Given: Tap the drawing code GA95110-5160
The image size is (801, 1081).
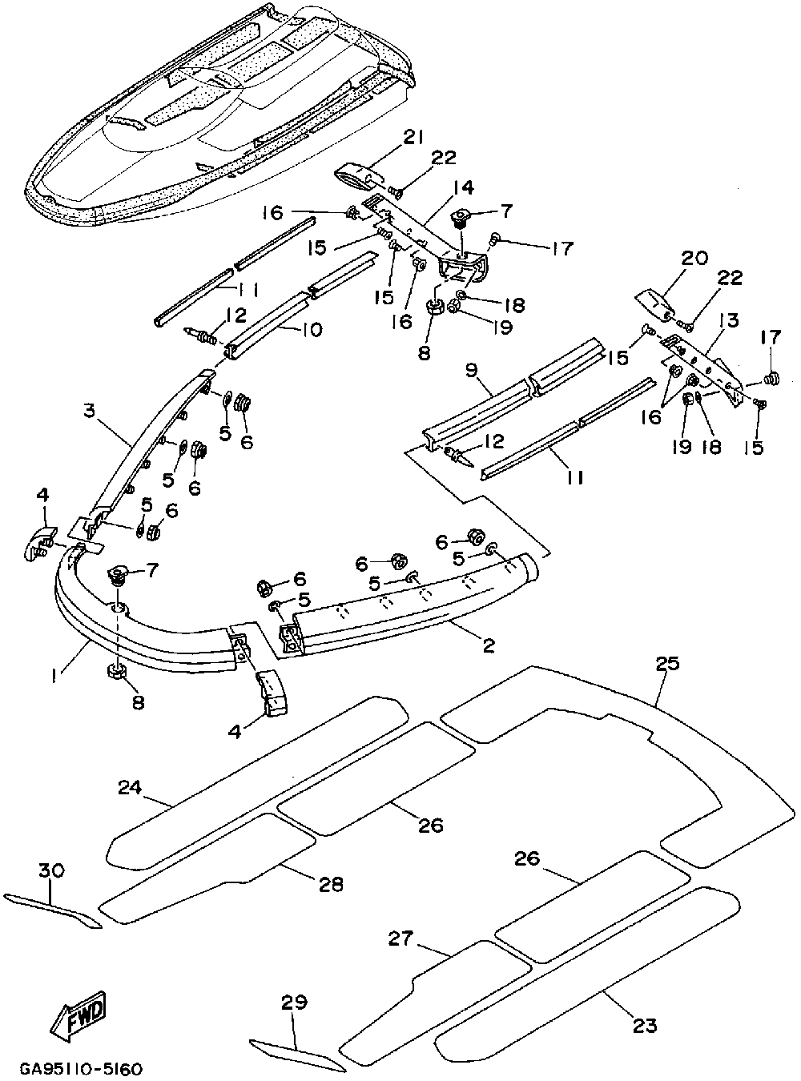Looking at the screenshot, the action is coord(81,1069).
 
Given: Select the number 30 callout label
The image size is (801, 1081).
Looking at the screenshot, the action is coord(51,870).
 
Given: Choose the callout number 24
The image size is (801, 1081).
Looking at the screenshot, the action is coord(130,787).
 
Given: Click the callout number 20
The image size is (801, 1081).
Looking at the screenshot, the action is coord(694,258).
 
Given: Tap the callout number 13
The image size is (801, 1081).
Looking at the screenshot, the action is coord(730,320).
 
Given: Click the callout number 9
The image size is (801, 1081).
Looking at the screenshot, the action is coord(470,372).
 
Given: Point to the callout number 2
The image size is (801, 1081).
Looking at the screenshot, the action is coord(489,645).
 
